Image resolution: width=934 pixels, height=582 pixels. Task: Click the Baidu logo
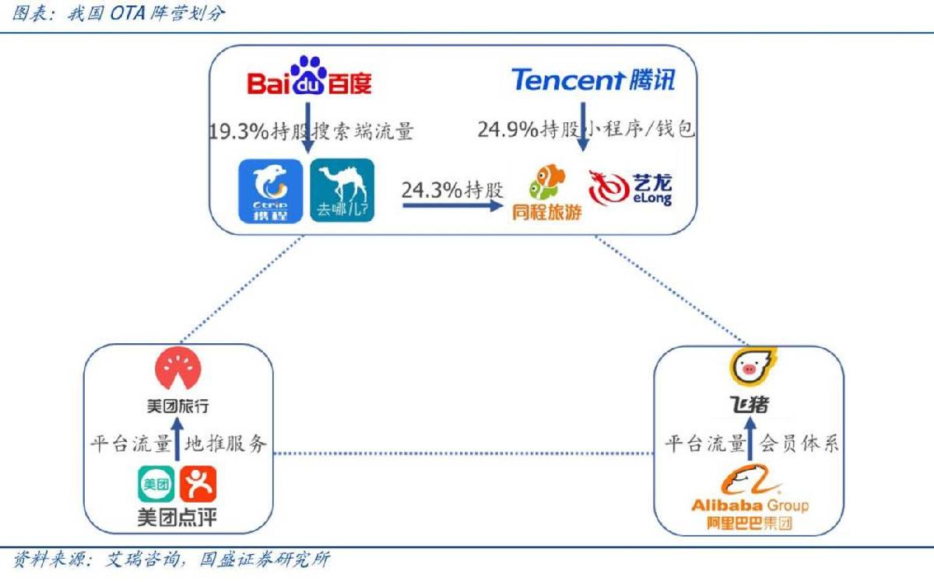coord(309,76)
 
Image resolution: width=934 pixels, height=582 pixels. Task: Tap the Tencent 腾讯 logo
coord(593,79)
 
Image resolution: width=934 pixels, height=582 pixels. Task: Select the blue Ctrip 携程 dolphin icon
coord(271,191)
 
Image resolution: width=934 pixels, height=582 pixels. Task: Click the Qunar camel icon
coord(342,190)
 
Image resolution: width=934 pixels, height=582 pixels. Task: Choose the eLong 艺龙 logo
coord(630,188)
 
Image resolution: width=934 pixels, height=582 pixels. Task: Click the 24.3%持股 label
coord(452,190)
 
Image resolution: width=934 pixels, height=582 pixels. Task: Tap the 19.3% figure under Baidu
coord(239,131)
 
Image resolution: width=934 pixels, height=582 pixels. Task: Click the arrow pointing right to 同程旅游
coord(453,205)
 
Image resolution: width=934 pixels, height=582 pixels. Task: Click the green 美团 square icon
coord(156,484)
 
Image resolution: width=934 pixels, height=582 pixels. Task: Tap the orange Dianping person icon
coord(198,484)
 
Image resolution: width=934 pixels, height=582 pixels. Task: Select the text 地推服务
coord(226,444)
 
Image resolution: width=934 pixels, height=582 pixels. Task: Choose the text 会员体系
coord(799,443)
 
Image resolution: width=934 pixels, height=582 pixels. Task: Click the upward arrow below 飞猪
coord(750,439)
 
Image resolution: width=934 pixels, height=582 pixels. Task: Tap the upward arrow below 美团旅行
coord(178,439)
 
